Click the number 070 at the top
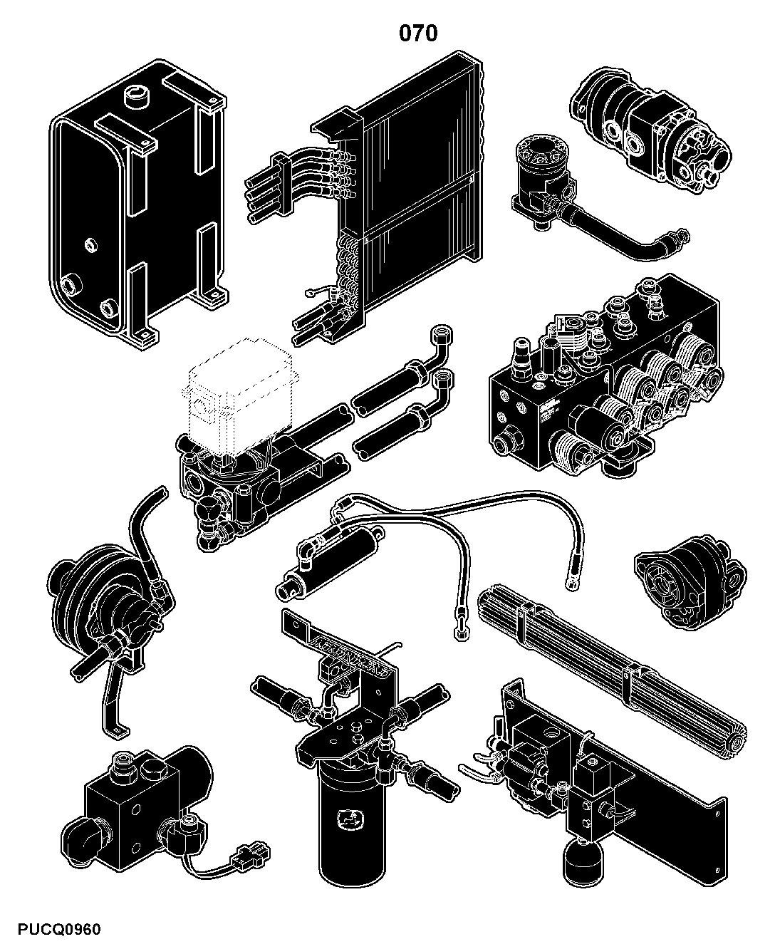point(418,33)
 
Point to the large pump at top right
point(650,130)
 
